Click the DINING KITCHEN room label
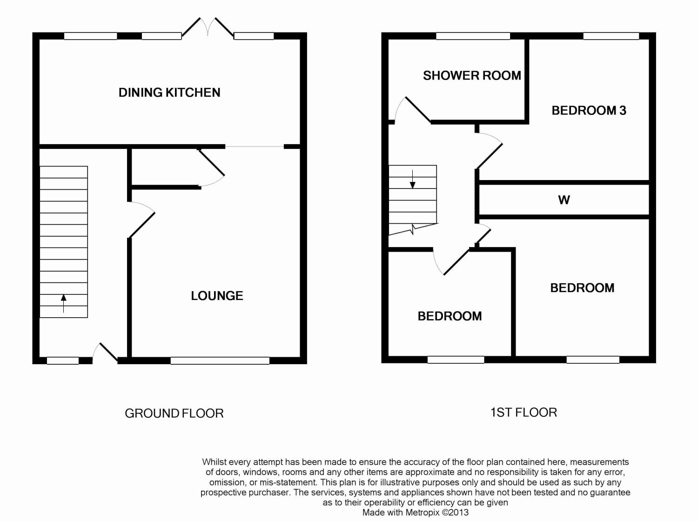point(169,93)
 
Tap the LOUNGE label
point(217,296)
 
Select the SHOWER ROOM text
point(472,76)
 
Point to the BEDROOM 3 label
point(589,111)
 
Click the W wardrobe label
point(564,200)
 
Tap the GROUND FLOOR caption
point(174,414)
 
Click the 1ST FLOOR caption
point(524,413)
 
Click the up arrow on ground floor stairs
point(64,303)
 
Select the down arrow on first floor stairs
point(412,179)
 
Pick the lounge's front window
point(220,361)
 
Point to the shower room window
point(473,36)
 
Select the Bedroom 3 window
point(611,36)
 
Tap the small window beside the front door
point(63,361)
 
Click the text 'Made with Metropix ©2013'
point(415,513)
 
